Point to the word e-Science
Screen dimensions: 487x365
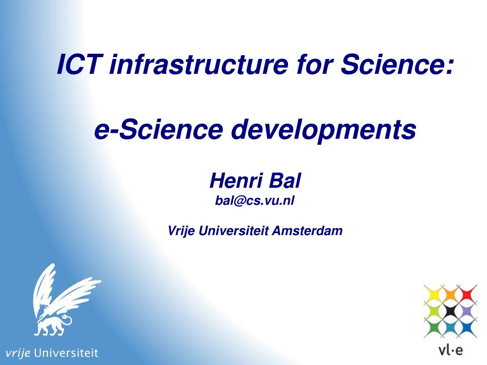(x=159, y=129)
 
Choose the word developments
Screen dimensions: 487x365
(x=323, y=130)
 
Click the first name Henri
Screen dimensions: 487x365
(x=236, y=181)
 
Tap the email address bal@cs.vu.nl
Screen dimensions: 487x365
(x=255, y=201)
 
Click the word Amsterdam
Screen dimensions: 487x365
(x=308, y=231)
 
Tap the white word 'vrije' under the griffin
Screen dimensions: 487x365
(x=18, y=353)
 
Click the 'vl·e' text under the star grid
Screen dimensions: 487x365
(x=451, y=350)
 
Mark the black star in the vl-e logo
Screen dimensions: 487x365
(x=451, y=311)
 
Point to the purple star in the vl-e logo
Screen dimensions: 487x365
(x=467, y=311)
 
